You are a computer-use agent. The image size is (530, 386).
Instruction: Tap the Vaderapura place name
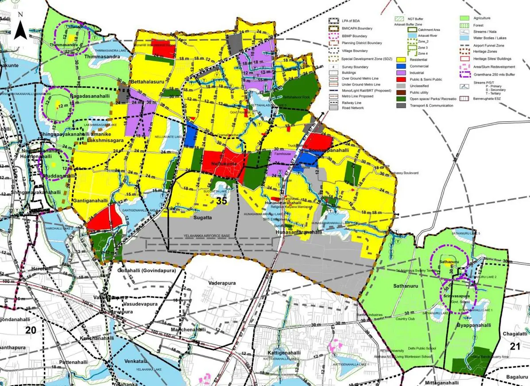pos(223,282)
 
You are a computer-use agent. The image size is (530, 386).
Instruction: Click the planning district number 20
pos(31,330)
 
